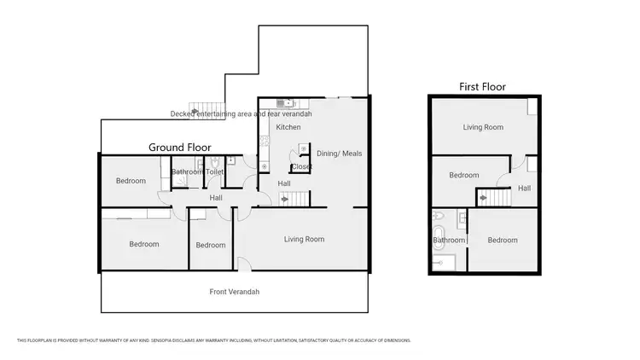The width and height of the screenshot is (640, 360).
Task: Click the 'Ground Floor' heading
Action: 180,147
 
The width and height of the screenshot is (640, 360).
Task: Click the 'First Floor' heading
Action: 482,86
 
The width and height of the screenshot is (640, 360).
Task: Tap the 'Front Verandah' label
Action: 235,292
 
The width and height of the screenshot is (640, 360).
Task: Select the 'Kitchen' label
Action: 288,127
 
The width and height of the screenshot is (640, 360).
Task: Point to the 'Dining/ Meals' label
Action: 340,154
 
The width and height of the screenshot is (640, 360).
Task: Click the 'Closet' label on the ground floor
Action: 302,167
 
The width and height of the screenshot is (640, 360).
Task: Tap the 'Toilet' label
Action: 214,172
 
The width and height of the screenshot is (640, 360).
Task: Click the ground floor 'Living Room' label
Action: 304,240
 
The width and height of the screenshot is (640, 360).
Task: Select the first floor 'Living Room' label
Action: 483,128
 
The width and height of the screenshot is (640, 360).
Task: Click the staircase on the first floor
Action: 492,196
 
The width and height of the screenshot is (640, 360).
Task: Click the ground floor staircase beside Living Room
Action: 294,199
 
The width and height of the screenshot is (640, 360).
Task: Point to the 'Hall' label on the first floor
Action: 524,189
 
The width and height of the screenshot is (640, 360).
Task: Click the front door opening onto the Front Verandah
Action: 242,264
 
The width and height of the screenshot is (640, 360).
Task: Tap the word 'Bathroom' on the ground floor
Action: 187,172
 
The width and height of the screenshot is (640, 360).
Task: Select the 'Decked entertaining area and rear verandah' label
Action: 241,113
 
